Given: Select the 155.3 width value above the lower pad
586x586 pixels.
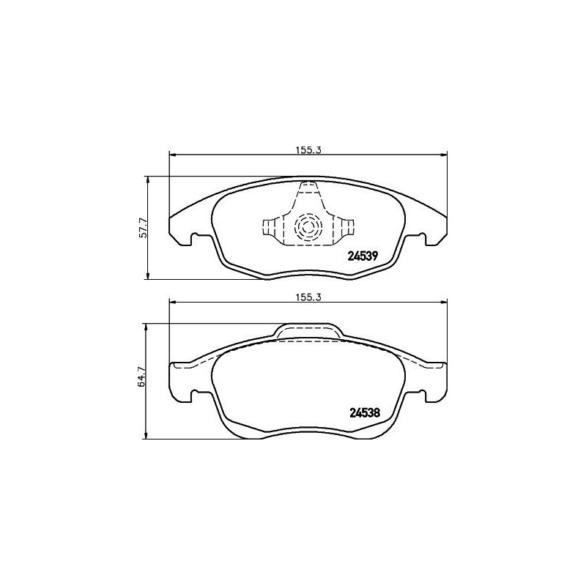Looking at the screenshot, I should tap(309, 297).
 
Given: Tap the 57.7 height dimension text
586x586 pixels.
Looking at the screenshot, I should tap(144, 228).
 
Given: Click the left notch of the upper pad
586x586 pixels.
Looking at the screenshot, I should tap(195, 238).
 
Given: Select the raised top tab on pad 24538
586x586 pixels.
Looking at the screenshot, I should tap(308, 331).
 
